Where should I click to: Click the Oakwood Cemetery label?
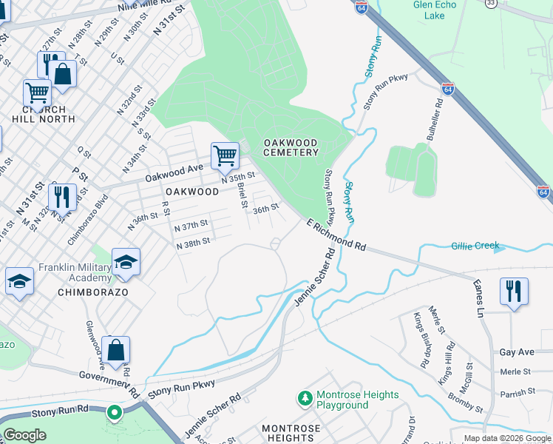291,147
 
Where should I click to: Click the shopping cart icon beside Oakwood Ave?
225,156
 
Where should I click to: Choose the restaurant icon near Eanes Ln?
513,291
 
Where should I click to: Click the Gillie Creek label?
475,246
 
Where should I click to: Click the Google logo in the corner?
25,435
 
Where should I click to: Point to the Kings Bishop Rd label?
421,340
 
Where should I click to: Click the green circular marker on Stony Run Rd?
114,412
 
